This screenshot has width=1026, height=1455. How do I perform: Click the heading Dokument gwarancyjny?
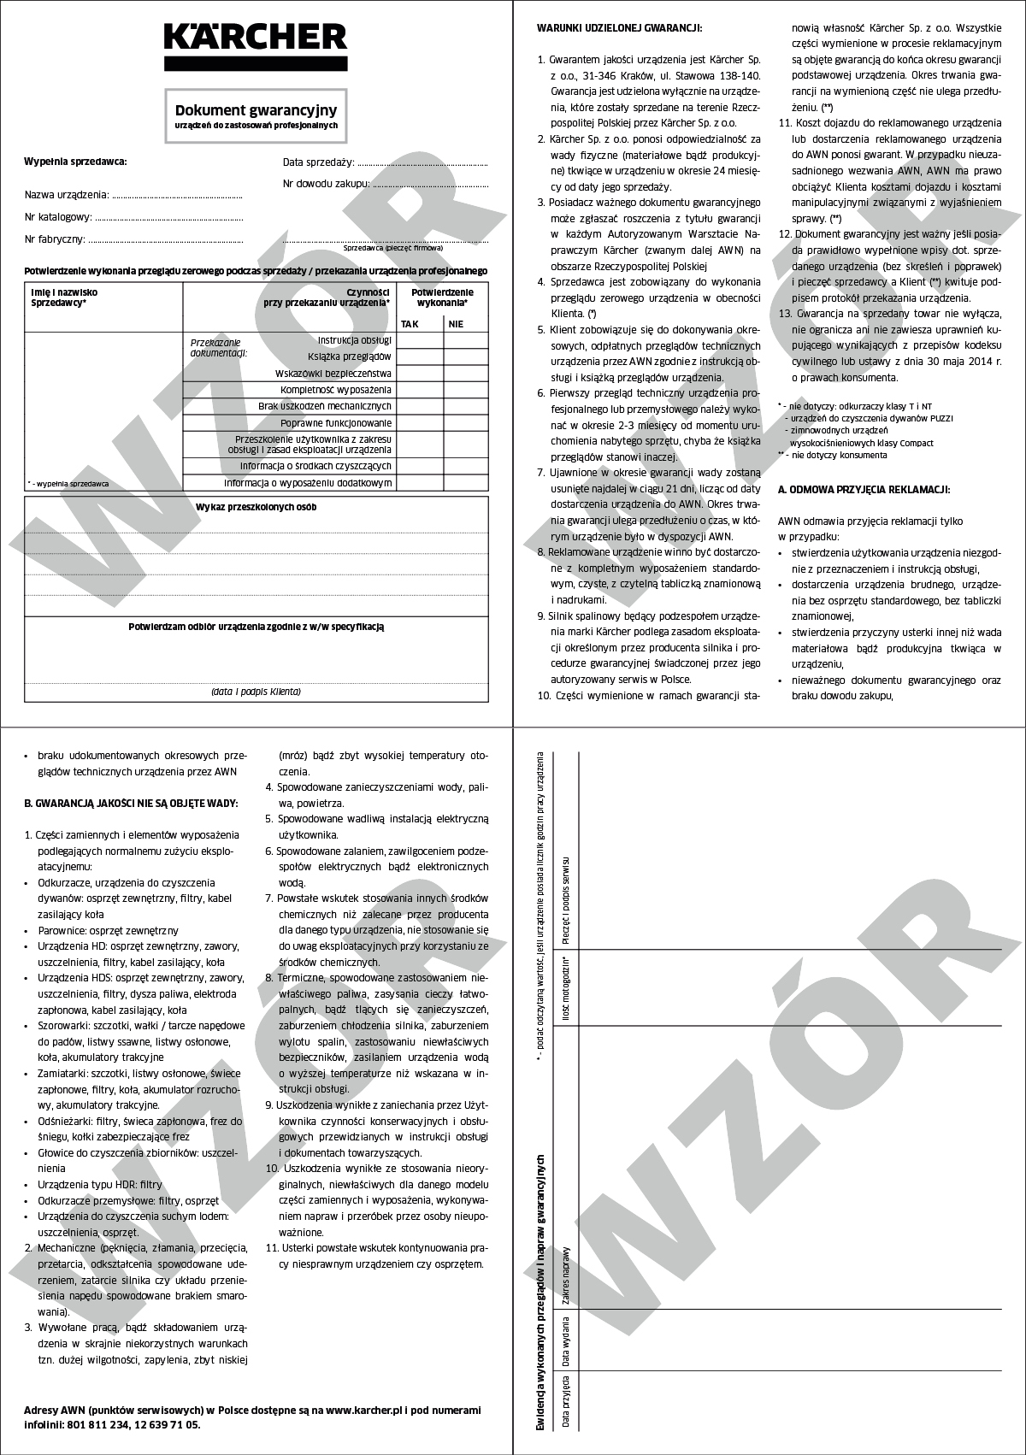256,110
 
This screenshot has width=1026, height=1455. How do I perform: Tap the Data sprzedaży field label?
318,162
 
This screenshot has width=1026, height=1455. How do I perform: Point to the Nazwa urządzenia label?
67,195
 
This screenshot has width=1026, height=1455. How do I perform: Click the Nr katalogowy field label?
57,217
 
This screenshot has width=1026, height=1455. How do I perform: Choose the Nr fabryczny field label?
55,239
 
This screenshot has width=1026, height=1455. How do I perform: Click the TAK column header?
410,324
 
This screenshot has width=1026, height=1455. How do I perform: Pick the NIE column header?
456,324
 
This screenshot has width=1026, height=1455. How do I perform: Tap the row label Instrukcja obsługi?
354,340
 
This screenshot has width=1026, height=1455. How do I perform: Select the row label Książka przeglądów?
349,356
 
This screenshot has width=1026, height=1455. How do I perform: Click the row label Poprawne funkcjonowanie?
336,423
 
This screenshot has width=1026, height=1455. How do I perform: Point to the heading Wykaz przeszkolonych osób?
256,507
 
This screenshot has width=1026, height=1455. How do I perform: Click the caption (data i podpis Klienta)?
256,692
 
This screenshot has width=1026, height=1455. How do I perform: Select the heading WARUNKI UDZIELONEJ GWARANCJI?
619,28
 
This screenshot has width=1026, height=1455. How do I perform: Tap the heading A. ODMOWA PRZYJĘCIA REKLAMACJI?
864,490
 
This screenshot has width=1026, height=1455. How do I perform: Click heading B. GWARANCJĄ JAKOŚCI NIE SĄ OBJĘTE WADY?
131,803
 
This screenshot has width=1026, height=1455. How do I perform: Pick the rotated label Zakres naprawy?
566,1276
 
